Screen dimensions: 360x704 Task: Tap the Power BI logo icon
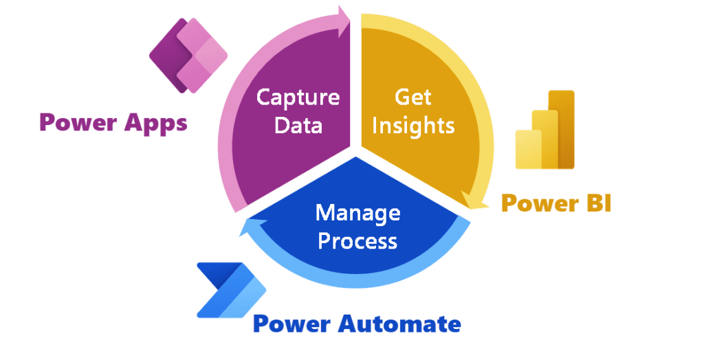(545, 130)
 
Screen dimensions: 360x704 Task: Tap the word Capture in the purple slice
(298, 97)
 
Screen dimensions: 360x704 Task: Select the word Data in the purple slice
(298, 126)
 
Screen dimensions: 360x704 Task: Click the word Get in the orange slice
(413, 97)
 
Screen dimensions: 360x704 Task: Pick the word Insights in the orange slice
(415, 126)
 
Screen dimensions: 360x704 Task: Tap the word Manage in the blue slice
(357, 212)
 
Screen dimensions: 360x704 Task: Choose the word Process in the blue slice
(357, 241)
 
